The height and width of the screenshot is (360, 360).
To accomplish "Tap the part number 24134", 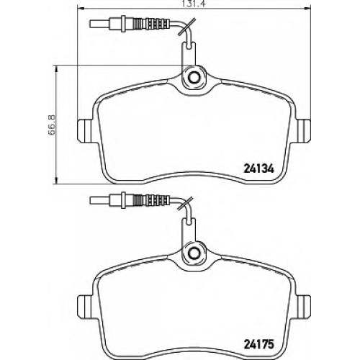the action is [258, 169].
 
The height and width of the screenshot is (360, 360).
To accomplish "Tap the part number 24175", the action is [258, 345].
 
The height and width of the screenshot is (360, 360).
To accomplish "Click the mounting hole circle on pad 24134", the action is [194, 77].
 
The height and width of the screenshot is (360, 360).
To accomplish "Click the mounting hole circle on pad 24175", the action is [194, 252].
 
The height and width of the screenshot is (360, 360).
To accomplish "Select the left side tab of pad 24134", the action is [85, 131].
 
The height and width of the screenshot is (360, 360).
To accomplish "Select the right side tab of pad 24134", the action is [302, 131].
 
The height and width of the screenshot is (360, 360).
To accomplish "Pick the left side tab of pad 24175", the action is [85, 306].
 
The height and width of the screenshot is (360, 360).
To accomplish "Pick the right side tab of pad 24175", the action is [302, 306].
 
